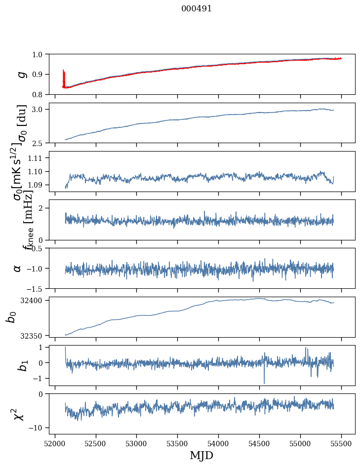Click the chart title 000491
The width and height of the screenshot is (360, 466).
(x=197, y=9)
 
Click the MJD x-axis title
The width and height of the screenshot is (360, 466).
(x=201, y=455)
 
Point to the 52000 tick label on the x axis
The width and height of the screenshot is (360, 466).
(x=55, y=443)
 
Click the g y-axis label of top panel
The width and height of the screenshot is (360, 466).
(x=21, y=74)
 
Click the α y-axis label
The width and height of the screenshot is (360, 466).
(x=18, y=268)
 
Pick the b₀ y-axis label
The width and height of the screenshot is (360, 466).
(x=11, y=316)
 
